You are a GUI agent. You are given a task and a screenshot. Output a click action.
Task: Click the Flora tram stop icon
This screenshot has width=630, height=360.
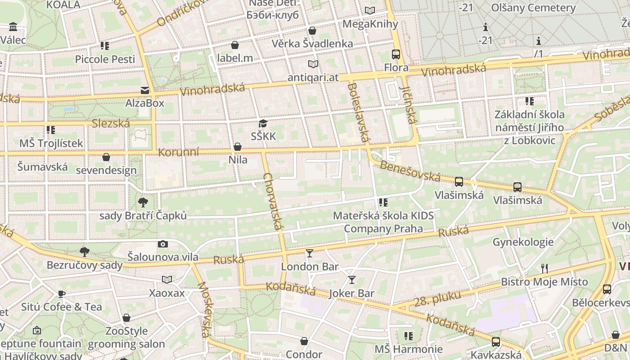396,54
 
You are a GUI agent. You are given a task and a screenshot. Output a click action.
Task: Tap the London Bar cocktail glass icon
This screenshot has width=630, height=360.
309,253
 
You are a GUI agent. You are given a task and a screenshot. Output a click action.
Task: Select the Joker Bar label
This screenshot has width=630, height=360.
352,293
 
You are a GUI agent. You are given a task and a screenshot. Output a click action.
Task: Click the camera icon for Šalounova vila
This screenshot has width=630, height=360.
163,244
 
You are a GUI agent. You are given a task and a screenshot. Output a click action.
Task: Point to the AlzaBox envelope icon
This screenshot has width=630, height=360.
145,90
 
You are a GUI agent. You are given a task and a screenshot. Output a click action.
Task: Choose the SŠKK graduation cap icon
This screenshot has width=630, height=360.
263,123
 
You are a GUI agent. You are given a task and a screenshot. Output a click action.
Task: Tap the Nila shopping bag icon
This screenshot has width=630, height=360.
237,147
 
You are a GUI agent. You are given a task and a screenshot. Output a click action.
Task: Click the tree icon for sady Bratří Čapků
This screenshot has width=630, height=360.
143,202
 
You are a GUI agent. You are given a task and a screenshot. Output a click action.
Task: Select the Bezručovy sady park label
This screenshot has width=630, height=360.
85,265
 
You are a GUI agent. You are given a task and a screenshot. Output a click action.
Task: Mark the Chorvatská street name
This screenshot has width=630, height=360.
274,201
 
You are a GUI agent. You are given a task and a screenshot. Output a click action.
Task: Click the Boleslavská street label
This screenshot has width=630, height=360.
359,112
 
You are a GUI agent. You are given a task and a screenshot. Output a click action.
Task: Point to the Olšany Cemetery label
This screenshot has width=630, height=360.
533,8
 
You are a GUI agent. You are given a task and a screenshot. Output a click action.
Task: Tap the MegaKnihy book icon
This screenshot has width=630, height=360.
370,10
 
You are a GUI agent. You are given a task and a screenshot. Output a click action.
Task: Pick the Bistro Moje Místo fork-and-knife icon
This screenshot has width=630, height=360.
544,269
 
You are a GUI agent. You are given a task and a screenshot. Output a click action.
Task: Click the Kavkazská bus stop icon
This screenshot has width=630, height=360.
496,342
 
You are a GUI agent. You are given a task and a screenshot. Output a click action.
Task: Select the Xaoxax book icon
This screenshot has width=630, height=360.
167,280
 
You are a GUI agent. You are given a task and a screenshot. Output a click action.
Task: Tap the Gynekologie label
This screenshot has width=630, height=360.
523,242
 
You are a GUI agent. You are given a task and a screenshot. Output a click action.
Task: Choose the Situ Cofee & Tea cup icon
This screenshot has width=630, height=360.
62,294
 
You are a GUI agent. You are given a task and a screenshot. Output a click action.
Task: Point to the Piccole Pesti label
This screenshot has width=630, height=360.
105,59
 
